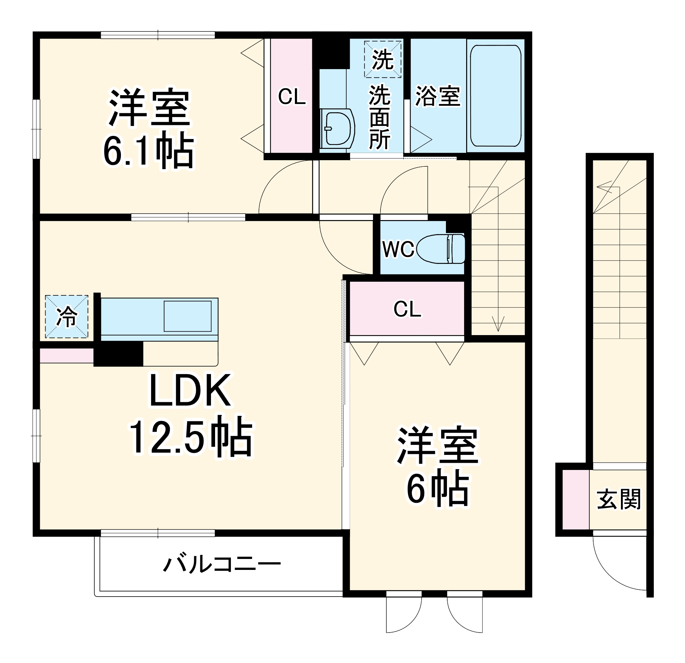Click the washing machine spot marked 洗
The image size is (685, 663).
point(382,59)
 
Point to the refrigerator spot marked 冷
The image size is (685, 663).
point(66,317)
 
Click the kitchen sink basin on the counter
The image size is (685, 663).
point(188,316)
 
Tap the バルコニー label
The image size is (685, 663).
point(222,564)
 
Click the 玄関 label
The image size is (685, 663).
point(619,499)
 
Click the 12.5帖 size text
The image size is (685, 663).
point(191,437)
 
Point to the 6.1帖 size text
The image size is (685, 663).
point(148,151)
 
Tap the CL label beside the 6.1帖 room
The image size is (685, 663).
point(291,97)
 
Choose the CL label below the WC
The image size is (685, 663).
point(407,309)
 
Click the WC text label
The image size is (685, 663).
point(398,250)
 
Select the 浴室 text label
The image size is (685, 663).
point(438,96)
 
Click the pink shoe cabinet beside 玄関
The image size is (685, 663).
point(576,499)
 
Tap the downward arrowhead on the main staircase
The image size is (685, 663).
point(498,324)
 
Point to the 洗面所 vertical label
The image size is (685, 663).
point(379,117)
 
